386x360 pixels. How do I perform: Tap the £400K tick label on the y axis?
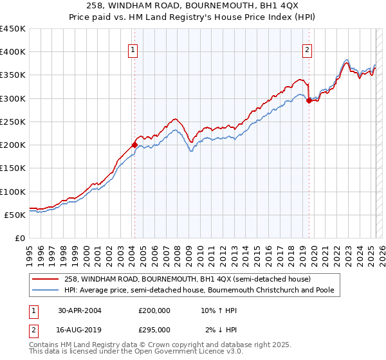(13, 52)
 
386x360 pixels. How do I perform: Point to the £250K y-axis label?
(13, 122)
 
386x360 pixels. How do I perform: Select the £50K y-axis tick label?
(15, 215)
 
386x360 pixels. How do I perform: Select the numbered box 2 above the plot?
(308, 50)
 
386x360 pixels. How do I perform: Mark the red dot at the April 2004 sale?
(134, 145)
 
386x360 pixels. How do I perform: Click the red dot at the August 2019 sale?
(309, 100)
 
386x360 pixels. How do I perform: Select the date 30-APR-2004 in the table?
(80, 310)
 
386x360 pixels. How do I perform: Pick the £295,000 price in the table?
(154, 329)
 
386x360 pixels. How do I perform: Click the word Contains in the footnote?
(44, 346)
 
